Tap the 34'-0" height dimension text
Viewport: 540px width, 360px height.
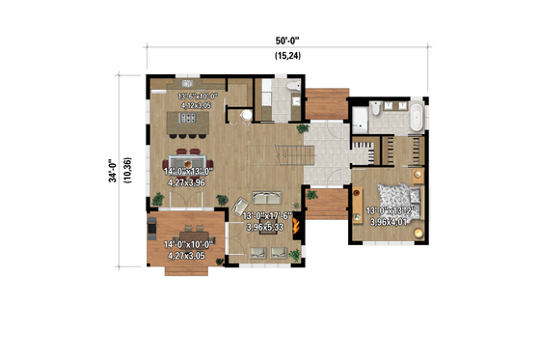pyautogui.click(x=113, y=172)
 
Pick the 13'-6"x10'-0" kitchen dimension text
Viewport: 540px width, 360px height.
pyautogui.click(x=198, y=97)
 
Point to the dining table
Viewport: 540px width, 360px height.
pyautogui.click(x=186, y=159)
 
